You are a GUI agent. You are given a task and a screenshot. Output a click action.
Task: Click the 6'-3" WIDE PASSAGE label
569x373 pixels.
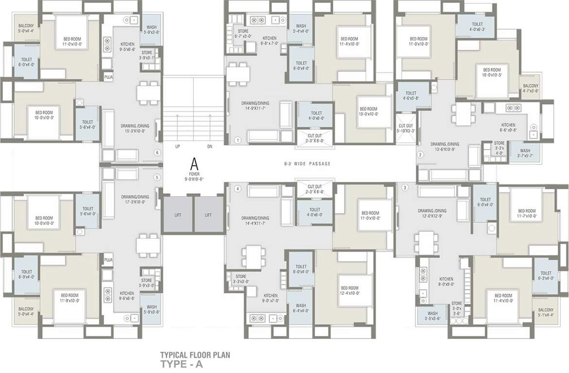(x=307, y=164)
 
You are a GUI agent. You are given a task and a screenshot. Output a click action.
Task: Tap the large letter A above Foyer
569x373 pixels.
(x=194, y=162)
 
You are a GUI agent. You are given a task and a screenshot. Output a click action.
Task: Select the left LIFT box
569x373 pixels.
(x=177, y=215)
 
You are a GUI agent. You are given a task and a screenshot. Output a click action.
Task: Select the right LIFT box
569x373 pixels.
(x=208, y=215)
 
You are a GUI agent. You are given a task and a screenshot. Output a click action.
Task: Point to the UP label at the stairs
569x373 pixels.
(x=178, y=146)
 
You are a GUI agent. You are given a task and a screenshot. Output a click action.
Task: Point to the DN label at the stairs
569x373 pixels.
(x=209, y=146)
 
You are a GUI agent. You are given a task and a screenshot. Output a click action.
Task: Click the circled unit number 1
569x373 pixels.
(x=238, y=140)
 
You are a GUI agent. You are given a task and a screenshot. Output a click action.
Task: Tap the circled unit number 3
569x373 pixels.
(x=406, y=188)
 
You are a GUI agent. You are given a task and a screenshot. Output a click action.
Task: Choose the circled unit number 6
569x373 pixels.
(x=157, y=153)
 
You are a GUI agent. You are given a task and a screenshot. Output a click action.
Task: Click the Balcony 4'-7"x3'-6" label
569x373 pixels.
(x=531, y=88)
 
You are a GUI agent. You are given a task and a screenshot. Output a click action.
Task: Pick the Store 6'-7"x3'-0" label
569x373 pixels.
(x=243, y=34)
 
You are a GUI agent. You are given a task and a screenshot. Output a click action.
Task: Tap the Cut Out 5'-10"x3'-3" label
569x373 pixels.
(x=406, y=128)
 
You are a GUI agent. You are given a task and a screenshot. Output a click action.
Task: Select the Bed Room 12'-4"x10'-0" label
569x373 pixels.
(x=349, y=290)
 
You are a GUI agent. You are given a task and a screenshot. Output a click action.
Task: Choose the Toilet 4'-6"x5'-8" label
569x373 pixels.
(x=411, y=96)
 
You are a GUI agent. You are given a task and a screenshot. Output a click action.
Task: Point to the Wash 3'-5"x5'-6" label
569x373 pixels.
(x=432, y=316)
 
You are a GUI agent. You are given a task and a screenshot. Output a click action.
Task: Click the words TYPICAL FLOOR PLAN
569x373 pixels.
(x=195, y=355)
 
